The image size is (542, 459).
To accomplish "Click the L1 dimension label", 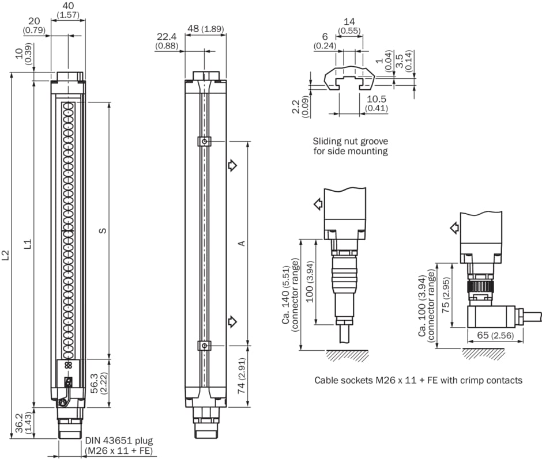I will (27, 244).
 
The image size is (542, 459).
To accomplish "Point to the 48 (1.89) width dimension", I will (205, 29).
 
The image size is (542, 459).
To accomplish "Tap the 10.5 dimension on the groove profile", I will (376, 98).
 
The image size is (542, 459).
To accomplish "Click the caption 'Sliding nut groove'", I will (350, 141).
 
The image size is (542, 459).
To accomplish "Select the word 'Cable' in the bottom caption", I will (326, 380).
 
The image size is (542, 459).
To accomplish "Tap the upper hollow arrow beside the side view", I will (232, 166).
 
